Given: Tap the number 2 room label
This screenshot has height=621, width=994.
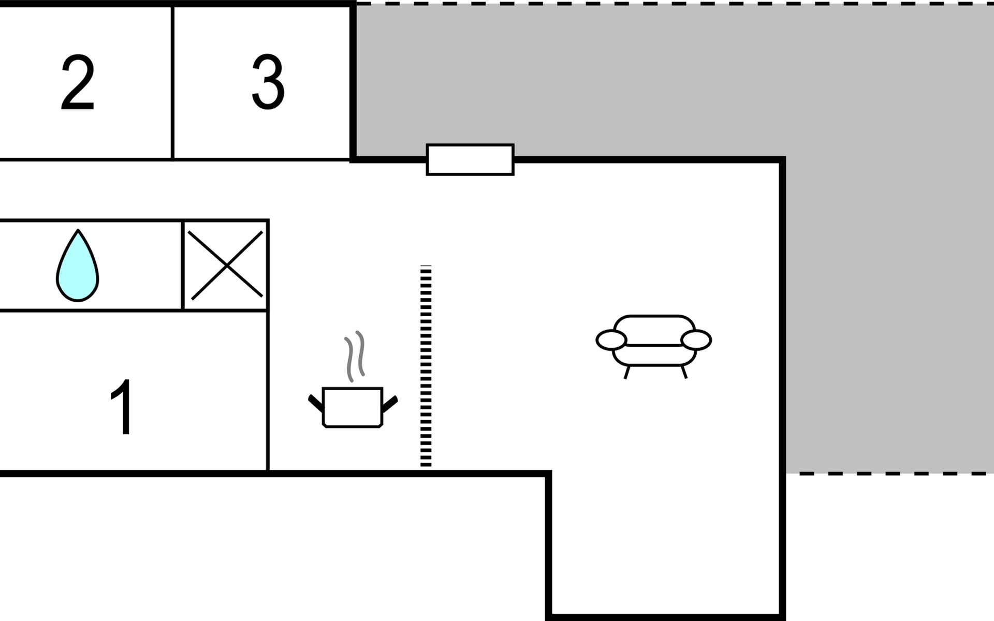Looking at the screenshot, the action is coord(78,82).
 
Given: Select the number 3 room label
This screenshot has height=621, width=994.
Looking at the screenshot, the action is coord(268,82).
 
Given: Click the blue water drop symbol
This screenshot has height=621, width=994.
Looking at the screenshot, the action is coord(78,265).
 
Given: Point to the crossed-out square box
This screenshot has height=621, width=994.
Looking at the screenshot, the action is coord(226,265).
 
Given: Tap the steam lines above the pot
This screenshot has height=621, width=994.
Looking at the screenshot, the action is coord(355,356).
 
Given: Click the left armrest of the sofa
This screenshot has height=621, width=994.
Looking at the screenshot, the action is coord(611,340).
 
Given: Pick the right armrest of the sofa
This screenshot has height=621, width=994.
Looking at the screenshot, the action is coord(696,340).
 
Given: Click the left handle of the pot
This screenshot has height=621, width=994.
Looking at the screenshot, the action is coord(316,403).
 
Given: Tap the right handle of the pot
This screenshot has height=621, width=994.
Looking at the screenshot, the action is coord(390,404).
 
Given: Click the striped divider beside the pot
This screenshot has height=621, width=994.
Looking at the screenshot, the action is coord(426,366).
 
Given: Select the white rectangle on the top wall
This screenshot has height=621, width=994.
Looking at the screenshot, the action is coord(470,160).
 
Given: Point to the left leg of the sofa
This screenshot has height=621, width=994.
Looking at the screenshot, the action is coord(627,372).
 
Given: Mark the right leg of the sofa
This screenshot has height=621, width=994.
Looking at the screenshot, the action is coord(684,372).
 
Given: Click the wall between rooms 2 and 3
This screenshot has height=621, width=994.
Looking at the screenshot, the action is coord(172,83).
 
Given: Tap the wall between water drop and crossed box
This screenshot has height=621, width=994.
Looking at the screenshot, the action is coord(183,265).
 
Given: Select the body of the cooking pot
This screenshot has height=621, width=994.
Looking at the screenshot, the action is coord(353,407).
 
